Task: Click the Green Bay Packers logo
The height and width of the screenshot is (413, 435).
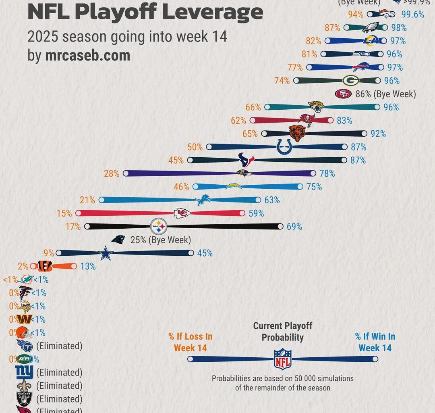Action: [351, 81]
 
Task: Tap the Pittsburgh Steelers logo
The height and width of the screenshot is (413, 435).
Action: [160, 227]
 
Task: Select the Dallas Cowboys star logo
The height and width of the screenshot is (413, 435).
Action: [106, 253]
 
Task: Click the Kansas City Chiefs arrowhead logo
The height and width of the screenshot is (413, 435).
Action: [182, 213]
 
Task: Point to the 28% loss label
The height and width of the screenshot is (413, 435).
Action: [112, 174]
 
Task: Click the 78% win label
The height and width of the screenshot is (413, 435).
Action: [327, 174]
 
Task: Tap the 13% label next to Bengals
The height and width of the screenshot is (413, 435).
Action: [87, 267]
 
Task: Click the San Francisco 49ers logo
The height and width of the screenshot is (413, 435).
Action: [343, 94]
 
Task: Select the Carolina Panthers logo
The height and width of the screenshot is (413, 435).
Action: [118, 240]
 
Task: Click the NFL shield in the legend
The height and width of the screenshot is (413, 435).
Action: [282, 359]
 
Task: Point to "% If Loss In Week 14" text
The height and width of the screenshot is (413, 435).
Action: [190, 342]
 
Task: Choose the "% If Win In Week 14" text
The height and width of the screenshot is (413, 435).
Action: [375, 342]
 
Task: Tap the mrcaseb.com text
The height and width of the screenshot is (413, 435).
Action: [87, 56]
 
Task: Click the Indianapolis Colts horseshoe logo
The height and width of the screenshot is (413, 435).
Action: [284, 147]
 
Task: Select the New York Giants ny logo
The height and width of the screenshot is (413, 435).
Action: [24, 372]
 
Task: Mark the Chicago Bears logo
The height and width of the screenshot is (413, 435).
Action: [297, 133]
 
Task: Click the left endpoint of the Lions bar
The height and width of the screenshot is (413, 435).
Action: [101, 200]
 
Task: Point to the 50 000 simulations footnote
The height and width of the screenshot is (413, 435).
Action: [282, 383]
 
